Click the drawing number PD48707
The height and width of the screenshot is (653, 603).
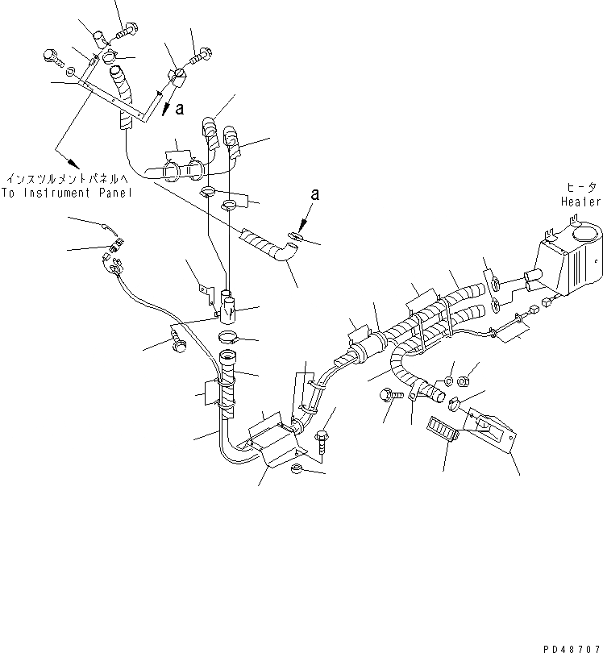pyautogui.click(x=572, y=647)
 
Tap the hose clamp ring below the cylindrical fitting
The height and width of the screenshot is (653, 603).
pyautogui.click(x=228, y=335)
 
